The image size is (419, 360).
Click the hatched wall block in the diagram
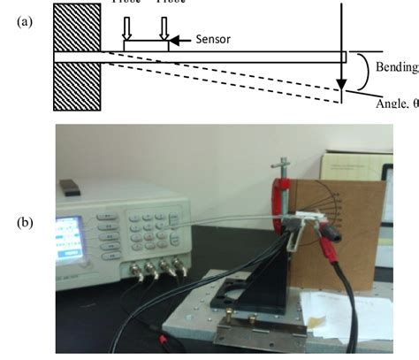79,56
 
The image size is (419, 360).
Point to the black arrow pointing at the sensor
176,40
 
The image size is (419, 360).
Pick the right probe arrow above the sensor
164,29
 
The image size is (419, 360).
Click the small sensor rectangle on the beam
145,45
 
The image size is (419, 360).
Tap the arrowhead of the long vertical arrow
339,88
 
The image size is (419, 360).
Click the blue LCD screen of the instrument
76,238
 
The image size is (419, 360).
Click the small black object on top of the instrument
70,188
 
